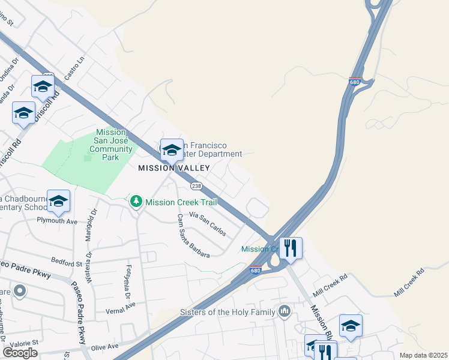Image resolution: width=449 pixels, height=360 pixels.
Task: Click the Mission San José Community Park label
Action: [111, 145]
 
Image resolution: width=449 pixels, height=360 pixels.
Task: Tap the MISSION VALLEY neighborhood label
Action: [174, 168]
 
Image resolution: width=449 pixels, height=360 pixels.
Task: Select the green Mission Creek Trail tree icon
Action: [137, 202]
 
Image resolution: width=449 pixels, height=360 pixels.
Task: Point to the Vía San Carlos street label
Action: [208, 223]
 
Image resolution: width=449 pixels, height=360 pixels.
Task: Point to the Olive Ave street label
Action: [104, 347]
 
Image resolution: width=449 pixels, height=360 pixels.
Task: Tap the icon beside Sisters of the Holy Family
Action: [285, 311]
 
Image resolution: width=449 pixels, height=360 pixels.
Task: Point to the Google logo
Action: [20, 352]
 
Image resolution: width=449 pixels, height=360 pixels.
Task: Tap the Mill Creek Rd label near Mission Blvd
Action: [331, 281]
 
